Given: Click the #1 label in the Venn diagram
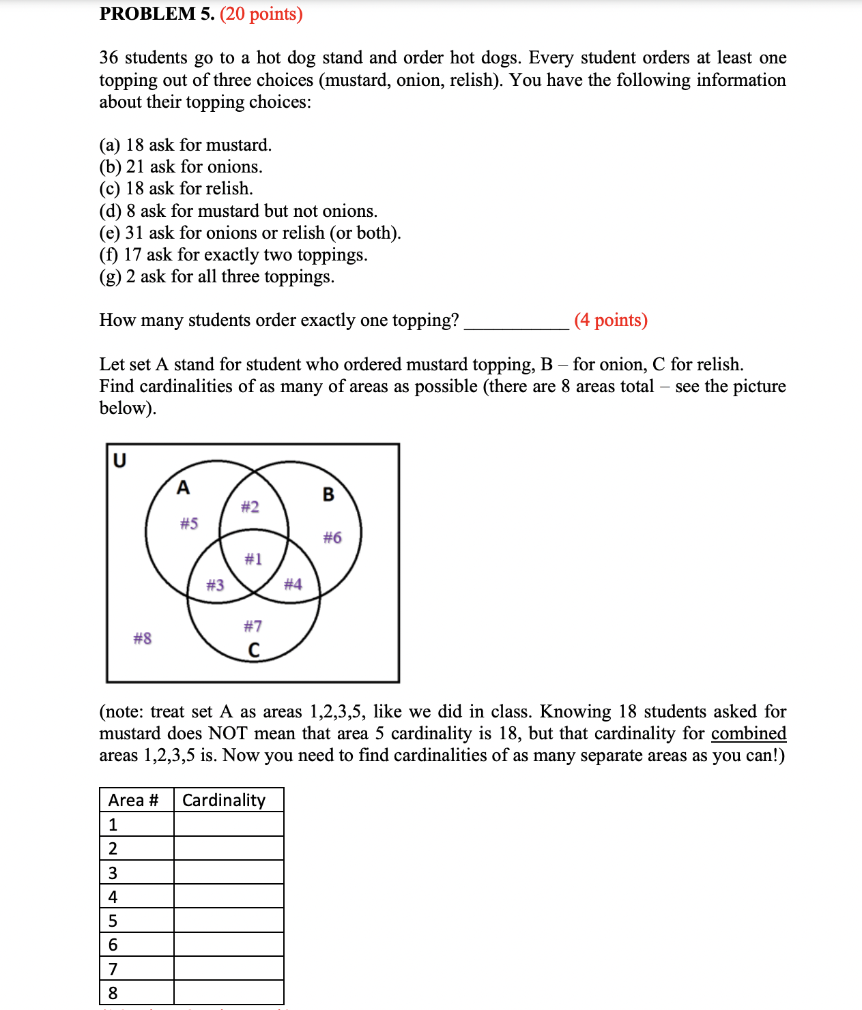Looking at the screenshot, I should tap(253, 559).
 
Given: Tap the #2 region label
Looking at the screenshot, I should tap(250, 507).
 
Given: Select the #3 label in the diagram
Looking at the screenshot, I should tap(215, 584).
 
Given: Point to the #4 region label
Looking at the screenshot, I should tap(293, 584).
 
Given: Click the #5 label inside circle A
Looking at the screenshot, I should tap(189, 523).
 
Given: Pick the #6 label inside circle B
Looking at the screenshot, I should tap(332, 537).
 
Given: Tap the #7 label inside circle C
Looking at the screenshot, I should tap(253, 625).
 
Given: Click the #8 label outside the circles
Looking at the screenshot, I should tap(142, 638).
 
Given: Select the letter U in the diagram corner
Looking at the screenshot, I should tap(119, 461).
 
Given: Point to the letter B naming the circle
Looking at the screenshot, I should tap(328, 494).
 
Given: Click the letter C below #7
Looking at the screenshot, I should tap(254, 651).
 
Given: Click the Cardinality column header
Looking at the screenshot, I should tap(224, 800).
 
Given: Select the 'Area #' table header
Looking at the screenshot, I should tap(134, 800).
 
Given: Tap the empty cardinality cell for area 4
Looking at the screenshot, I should tap(229, 896).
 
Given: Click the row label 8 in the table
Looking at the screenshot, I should tap(113, 993).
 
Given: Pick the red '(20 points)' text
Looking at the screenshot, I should tap(261, 14).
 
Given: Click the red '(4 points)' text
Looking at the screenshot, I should tap(611, 320).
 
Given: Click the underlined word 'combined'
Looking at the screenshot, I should tap(749, 733).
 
